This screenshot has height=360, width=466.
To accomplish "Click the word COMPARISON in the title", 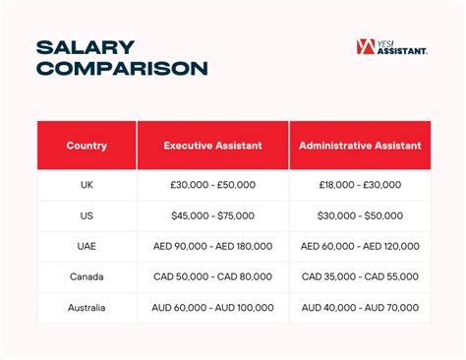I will click(122, 68).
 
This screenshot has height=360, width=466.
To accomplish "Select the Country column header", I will click(87, 146).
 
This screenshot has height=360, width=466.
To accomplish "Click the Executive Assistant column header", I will click(212, 146).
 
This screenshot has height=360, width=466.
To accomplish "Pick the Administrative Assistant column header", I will click(360, 146).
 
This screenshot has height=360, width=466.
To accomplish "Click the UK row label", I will click(87, 185).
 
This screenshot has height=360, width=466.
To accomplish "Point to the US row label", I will click(87, 215).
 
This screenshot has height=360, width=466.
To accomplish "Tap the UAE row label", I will click(87, 246).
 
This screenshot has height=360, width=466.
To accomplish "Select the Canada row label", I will click(87, 276).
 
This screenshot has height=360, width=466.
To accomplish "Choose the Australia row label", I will click(87, 307).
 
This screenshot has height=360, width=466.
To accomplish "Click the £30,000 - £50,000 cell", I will click(212, 185).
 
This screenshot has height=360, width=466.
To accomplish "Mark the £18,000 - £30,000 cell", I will click(360, 185).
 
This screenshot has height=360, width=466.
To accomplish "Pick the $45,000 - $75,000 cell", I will click(212, 215).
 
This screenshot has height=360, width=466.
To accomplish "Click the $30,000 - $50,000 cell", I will click(360, 215).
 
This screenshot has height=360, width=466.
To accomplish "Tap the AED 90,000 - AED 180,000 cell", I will click(212, 246).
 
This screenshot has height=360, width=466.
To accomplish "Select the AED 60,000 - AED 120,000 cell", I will click(360, 246).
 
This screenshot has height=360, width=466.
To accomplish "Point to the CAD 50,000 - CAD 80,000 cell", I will click(212, 276).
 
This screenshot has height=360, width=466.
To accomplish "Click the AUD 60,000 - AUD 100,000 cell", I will click(212, 307).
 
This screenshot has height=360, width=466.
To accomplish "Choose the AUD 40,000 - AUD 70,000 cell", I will click(360, 307).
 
